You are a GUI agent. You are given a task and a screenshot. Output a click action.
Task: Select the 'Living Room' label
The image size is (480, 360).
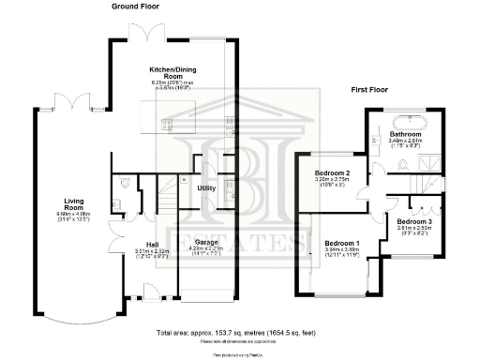pyautogui.click(x=75, y=203)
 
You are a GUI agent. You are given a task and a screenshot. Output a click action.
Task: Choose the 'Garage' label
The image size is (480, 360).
pyautogui.click(x=206, y=242)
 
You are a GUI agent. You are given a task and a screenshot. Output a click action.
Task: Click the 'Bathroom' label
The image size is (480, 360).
pyautogui.click(x=406, y=134)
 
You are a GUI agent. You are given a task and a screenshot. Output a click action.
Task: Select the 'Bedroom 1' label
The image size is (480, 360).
pyautogui.click(x=341, y=243)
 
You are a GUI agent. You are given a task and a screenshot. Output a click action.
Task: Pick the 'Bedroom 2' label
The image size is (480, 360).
pyautogui.click(x=332, y=173)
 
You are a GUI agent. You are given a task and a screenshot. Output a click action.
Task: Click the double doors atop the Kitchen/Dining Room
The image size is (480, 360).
pyautogui.click(x=149, y=34)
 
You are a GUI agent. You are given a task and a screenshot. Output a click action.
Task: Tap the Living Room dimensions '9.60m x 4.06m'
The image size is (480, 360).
pyautogui.click(x=75, y=215)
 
